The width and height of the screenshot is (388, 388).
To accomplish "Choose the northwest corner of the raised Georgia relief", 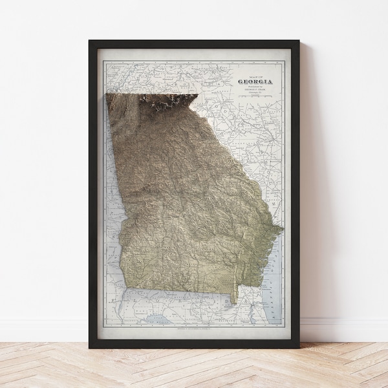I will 106,96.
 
